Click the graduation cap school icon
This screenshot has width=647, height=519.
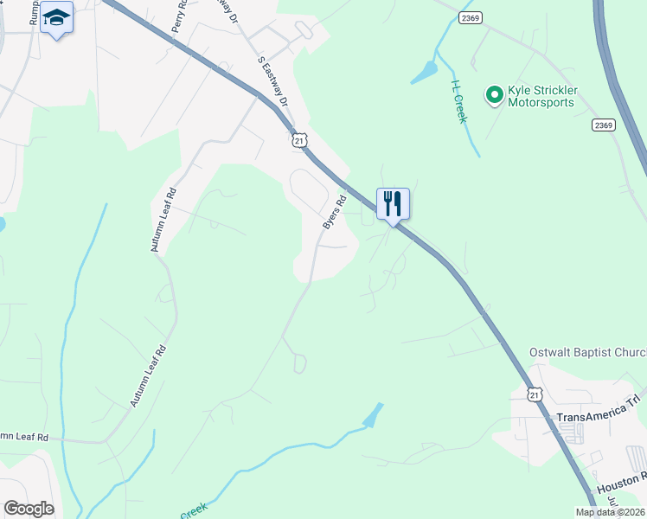click(56, 17)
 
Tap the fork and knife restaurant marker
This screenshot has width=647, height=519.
click(393, 204)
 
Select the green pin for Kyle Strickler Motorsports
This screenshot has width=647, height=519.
click(494, 94)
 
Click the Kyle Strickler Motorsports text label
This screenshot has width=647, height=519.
click(554, 96)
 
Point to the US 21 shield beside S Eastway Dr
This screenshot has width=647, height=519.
click(298, 139)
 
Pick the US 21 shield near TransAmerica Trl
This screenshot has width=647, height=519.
click(535, 394)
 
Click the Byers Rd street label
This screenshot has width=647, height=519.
click(334, 212)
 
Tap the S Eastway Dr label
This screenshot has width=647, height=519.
click(272, 81)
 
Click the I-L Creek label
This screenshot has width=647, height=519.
click(458, 101)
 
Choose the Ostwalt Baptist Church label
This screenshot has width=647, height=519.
click(587, 353)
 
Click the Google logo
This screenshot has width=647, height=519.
click(29, 509)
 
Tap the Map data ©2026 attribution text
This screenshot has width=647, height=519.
click(609, 512)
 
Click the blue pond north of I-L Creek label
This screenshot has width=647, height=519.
click(425, 73)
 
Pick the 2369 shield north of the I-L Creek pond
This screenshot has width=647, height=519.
click(470, 17)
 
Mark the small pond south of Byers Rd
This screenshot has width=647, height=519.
click(373, 416)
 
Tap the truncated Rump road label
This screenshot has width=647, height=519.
click(36, 12)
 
